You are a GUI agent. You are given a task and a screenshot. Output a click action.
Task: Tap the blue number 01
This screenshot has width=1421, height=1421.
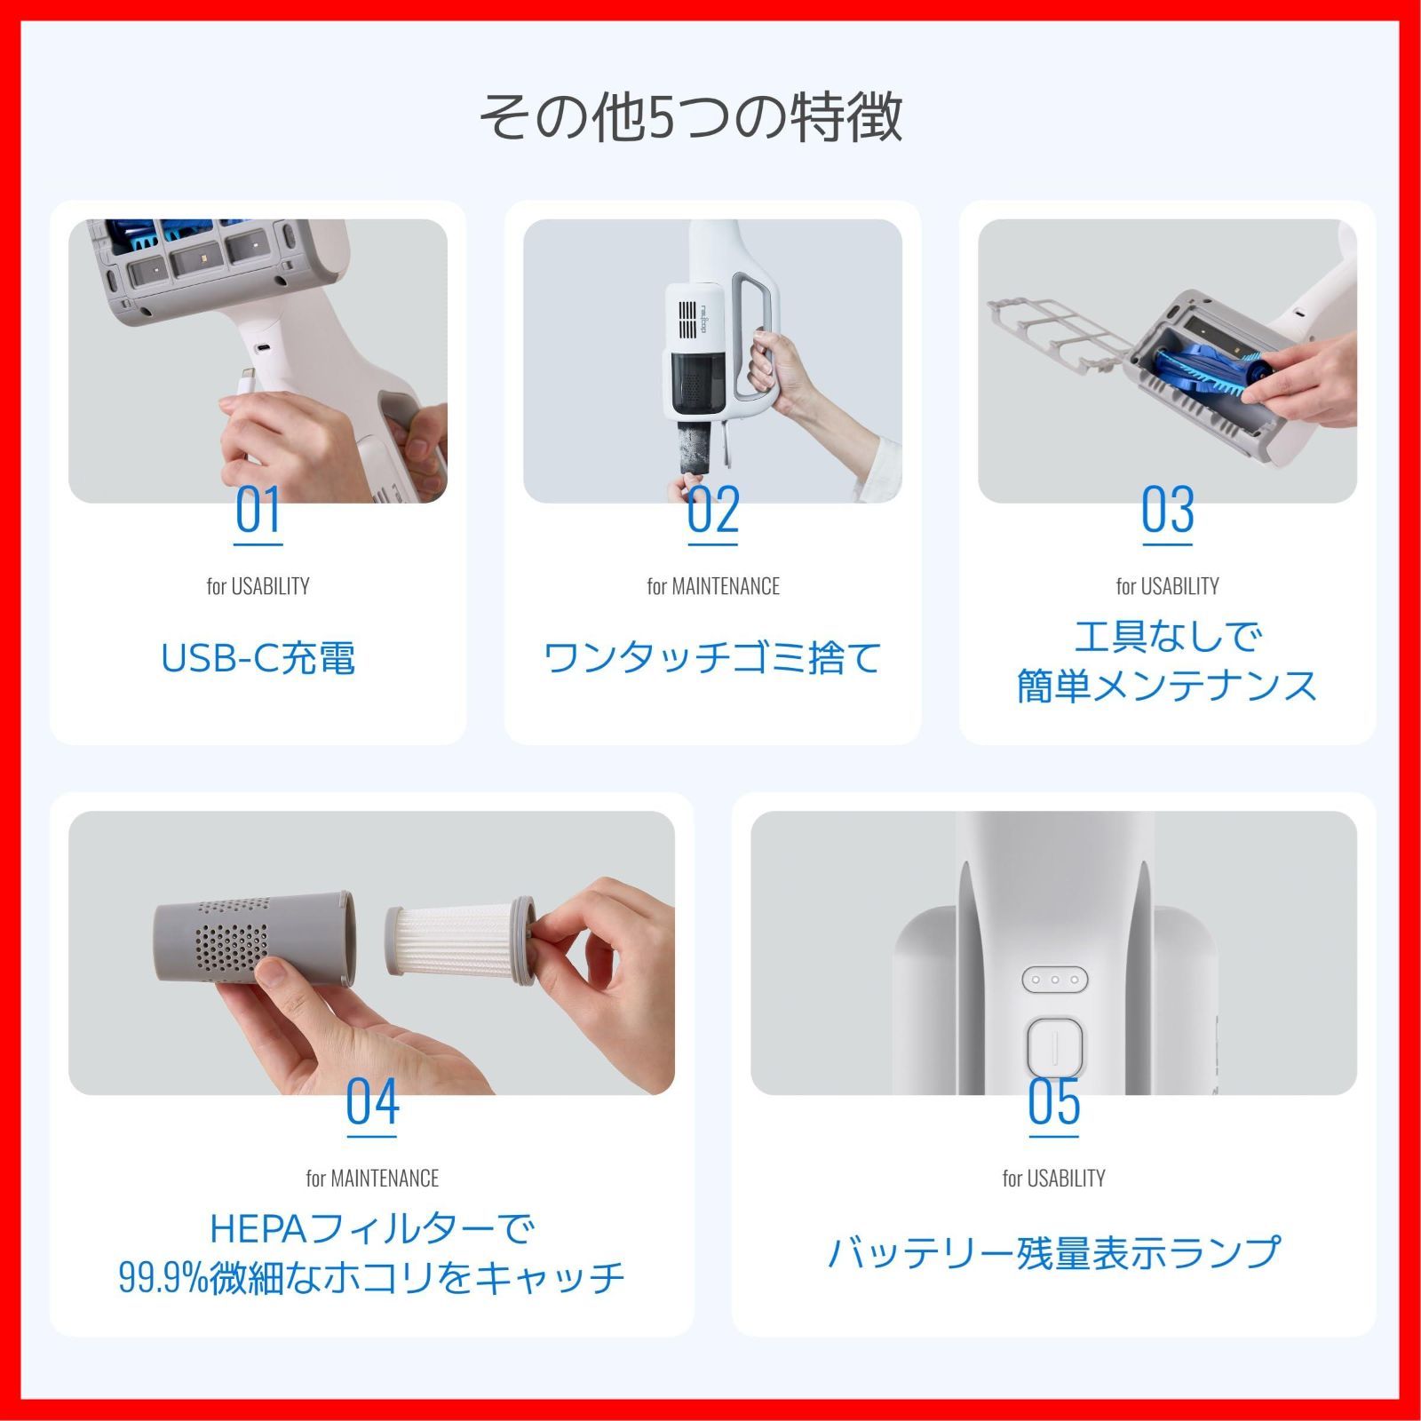pos(258,510)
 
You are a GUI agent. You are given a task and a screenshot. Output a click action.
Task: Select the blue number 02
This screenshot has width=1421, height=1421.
pos(713,510)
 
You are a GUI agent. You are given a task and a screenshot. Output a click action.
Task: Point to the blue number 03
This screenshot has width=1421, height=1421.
pos(1168,510)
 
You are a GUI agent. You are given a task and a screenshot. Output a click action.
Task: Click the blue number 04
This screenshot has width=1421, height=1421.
pos(372,1102)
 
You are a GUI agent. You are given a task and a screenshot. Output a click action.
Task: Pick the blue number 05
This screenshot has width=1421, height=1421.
pos(1054,1102)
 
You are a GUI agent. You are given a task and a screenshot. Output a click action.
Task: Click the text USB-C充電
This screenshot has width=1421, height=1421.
pos(258,658)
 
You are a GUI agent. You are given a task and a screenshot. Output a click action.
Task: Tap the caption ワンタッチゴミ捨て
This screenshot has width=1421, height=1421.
pos(712,658)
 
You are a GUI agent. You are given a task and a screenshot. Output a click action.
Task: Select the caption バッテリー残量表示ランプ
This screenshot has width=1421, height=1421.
pos(1054,1251)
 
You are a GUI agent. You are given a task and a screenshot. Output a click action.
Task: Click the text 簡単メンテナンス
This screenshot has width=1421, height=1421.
pos(1167,686)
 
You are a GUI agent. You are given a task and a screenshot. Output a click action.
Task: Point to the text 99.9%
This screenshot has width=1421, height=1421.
pos(163,1278)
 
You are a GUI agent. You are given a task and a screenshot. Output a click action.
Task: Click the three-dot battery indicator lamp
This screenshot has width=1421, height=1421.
pos(1055,980)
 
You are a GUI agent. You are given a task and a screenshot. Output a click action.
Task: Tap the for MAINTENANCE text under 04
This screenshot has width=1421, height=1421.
pos(372,1179)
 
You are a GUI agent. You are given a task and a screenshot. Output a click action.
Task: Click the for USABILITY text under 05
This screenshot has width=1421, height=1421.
pos(1054,1179)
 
